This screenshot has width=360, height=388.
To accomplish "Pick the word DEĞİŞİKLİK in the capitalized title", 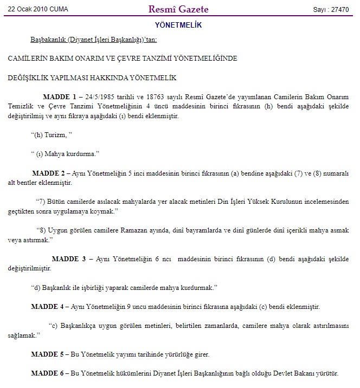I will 33,78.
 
